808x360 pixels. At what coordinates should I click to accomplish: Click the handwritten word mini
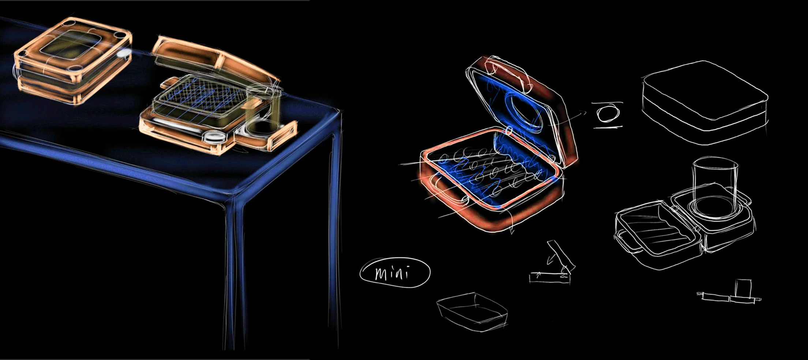pyautogui.click(x=392, y=273)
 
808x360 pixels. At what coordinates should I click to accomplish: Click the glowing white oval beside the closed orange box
pyautogui.click(x=124, y=54)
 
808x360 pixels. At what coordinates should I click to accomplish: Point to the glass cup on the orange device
pyautogui.click(x=263, y=108)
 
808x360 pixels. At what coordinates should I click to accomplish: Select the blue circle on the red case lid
pyautogui.click(x=522, y=111)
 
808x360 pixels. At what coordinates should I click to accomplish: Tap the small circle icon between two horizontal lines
pyautogui.click(x=607, y=114)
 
